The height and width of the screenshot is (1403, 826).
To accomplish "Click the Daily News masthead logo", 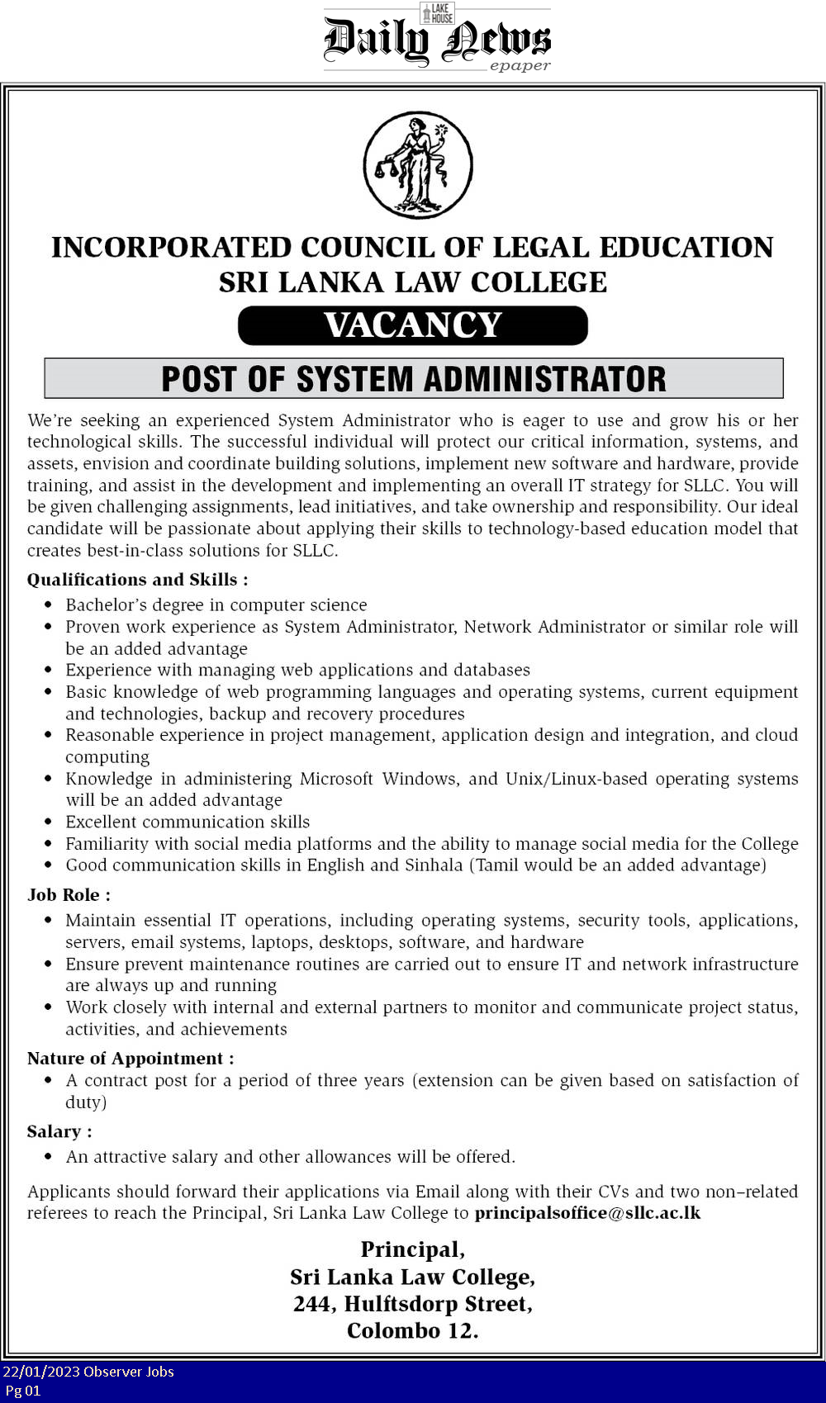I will point(436,41).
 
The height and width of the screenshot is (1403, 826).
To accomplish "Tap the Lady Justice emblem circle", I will point(418,165).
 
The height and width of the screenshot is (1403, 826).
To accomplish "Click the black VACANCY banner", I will point(413,325).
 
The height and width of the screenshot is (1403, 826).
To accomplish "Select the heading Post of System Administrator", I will point(413,379).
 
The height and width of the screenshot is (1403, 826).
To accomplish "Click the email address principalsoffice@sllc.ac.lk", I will point(587,1213).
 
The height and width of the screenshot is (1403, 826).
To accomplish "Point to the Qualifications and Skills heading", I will point(137,580).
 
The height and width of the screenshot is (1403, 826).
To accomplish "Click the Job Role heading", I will point(69,895).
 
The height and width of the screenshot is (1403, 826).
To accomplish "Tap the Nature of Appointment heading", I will point(131,1059).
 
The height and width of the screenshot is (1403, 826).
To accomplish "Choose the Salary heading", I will point(59,1131).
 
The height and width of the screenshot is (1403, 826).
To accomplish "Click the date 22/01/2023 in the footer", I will point(40,1372).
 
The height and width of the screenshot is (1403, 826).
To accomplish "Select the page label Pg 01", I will point(23,1391).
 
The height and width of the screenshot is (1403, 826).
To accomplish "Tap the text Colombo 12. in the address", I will point(413,1331).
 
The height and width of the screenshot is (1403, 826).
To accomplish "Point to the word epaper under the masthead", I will point(520,66).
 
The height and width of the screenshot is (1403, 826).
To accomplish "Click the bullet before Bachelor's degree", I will point(49,605).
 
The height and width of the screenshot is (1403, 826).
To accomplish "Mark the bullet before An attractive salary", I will point(49,1157).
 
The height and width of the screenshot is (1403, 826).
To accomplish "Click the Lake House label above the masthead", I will point(437,13).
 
